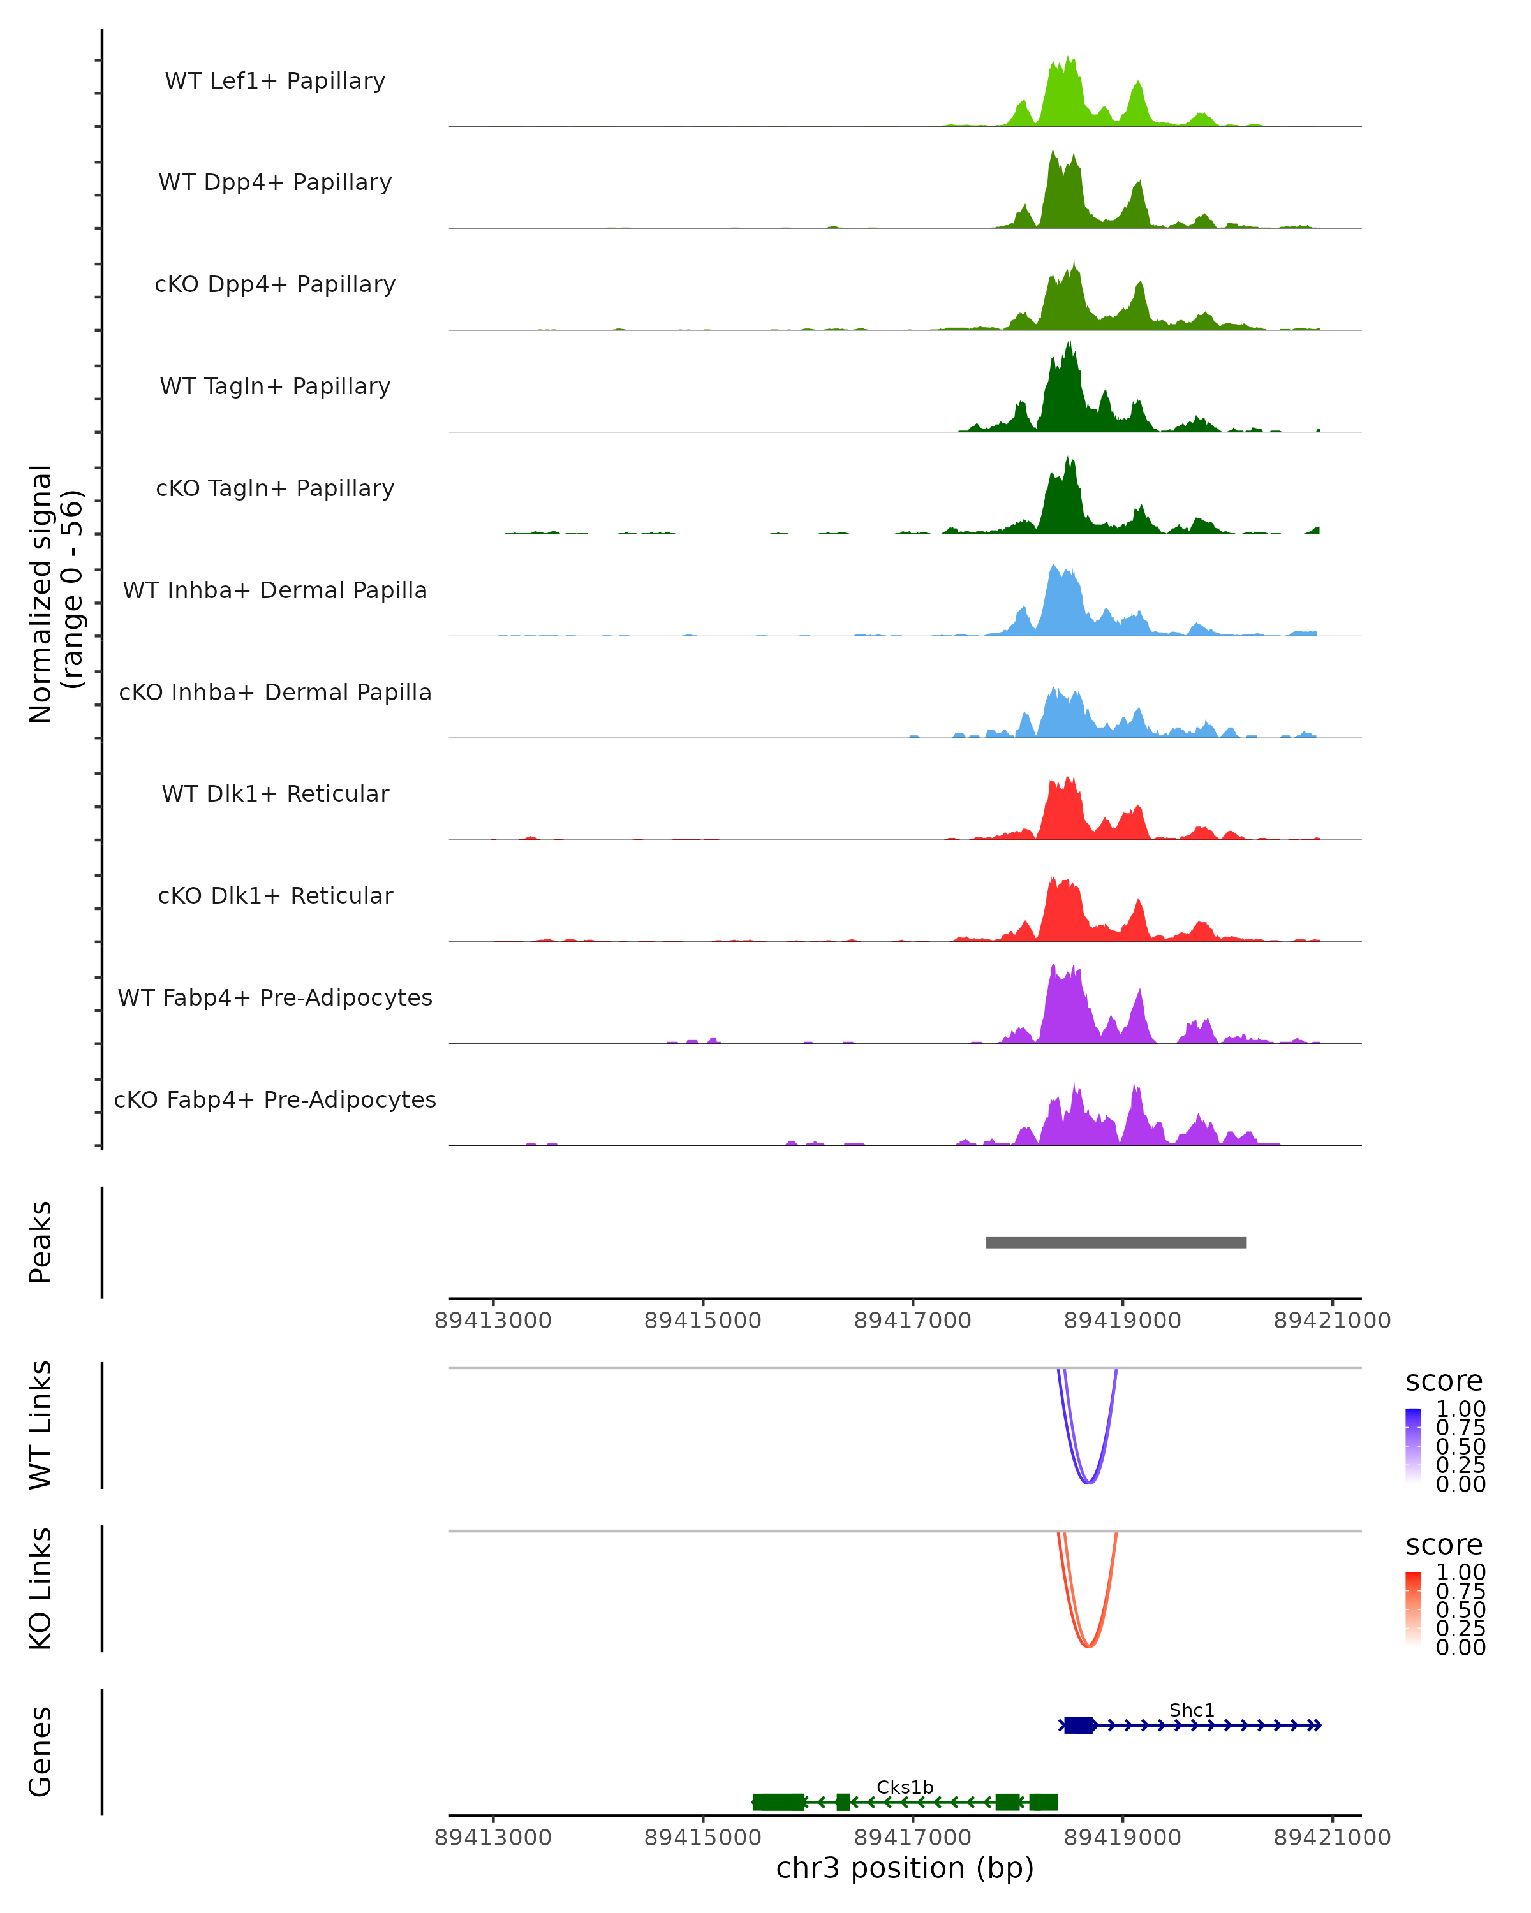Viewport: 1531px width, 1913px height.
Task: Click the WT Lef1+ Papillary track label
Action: (275, 81)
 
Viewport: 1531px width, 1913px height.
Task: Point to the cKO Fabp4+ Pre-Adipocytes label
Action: (275, 1099)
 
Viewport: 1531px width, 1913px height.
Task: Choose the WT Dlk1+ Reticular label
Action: (275, 793)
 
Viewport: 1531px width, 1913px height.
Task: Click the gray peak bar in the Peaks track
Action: (1116, 1242)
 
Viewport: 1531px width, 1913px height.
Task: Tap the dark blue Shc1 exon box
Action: (1078, 1725)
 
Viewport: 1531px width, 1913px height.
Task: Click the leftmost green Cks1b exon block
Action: (778, 1801)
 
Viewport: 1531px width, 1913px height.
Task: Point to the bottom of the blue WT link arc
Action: (1088, 1483)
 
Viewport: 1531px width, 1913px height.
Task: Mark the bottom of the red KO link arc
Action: (1088, 1647)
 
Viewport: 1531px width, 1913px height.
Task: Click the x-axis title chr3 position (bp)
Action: (905, 1868)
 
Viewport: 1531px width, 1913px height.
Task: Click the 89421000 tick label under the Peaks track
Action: (1331, 1321)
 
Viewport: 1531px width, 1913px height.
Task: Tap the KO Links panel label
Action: (41, 1588)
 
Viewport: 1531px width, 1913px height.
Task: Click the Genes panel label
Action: (41, 1752)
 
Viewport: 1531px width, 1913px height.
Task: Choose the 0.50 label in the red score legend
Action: (1460, 1609)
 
